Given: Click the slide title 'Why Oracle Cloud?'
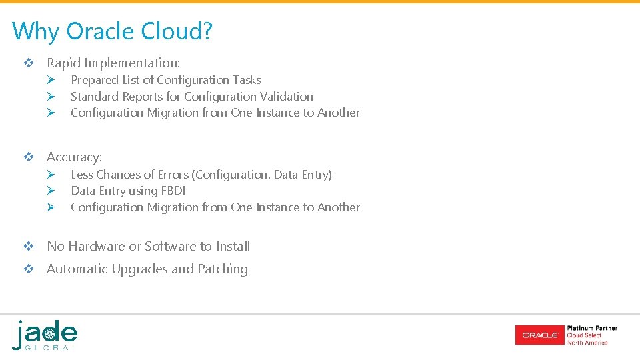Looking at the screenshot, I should [x=112, y=31].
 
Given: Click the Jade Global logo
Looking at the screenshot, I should [x=45, y=335].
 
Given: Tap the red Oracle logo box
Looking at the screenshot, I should [x=539, y=335].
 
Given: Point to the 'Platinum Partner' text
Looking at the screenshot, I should [x=592, y=328].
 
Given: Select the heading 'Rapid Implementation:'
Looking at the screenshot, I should [x=113, y=63].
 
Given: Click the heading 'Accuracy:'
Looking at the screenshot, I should [x=74, y=157].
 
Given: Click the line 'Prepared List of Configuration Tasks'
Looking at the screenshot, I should [x=166, y=80].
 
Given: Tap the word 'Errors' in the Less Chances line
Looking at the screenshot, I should [x=173, y=175].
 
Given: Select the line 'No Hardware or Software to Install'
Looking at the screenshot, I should [x=148, y=247].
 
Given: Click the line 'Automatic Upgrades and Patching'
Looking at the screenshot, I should [x=147, y=269].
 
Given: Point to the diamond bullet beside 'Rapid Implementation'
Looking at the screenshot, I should [x=29, y=64].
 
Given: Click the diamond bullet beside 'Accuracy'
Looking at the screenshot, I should [x=29, y=158].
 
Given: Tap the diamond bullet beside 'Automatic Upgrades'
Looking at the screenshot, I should [x=29, y=270].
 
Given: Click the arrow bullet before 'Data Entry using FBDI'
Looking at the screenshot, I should [x=49, y=191].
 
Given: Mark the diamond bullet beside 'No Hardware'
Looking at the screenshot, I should [x=29, y=247].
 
